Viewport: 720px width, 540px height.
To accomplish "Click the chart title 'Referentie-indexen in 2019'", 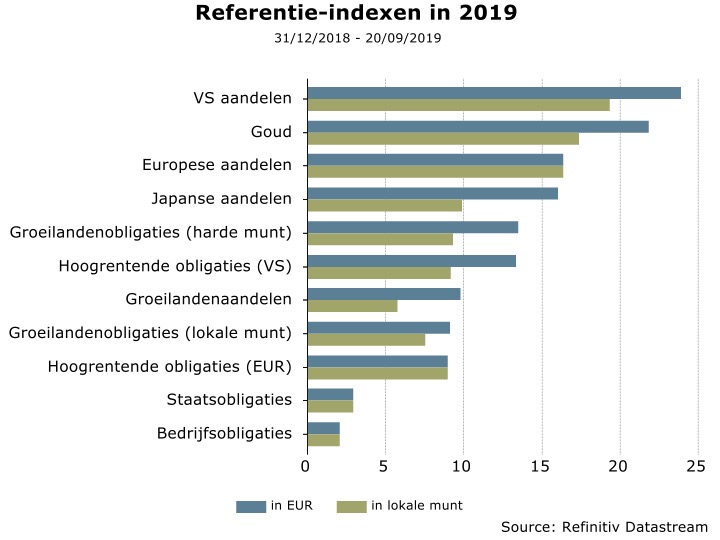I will coord(357,13).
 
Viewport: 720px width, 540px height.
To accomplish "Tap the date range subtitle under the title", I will coord(357,38).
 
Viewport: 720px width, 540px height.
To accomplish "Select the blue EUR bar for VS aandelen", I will coord(493,93).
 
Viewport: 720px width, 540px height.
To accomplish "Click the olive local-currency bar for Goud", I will coord(442,138).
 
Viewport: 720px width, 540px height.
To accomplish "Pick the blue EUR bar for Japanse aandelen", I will coord(432,193).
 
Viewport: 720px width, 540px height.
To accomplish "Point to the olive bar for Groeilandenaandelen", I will coord(352,305).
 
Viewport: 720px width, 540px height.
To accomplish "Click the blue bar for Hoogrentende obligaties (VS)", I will coord(411,260).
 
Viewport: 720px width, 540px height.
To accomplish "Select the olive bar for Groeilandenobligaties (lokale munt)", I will coord(366,339).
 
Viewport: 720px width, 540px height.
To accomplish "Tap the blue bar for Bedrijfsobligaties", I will coord(323,428).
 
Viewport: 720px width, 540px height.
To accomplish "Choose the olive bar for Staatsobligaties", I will coord(330,406).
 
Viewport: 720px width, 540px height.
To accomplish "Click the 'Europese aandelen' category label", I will coord(217,165).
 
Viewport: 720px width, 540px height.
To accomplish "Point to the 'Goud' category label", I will coord(271,132).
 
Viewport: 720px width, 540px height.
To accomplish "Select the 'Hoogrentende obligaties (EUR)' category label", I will coord(170,367).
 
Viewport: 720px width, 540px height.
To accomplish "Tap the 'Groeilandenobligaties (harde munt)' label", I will coord(151,233).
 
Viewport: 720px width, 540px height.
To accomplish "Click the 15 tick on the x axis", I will coord(542,465).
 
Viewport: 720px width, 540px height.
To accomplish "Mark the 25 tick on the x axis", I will coord(698,465).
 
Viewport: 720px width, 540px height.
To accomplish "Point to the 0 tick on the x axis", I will coord(307,465).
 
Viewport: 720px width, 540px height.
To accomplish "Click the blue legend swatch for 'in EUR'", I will coord(250,506).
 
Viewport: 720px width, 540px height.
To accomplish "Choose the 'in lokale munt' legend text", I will coord(417,506).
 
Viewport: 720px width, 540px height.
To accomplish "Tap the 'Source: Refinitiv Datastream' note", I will coord(604,526).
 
